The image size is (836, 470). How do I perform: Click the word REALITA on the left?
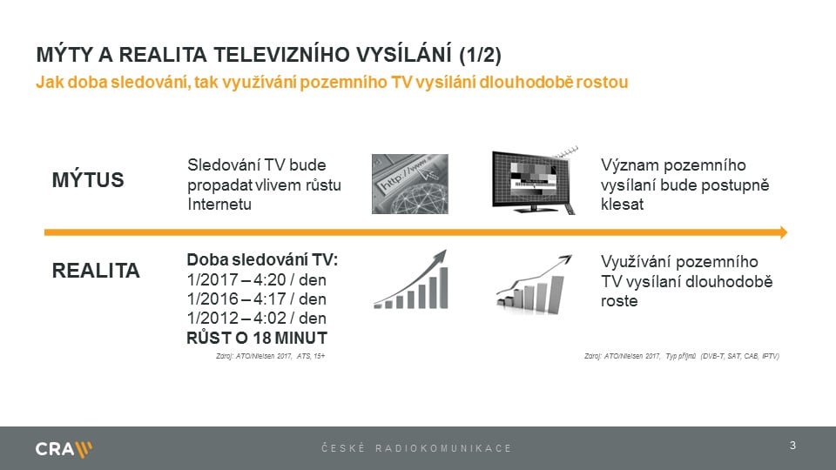point(96,271)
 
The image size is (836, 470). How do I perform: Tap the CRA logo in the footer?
point(64,449)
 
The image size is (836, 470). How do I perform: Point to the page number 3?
point(792,446)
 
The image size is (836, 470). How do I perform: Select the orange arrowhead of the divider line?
point(782,232)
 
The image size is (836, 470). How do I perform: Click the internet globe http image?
point(409,184)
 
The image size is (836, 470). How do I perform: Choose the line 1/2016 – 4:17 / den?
point(256,299)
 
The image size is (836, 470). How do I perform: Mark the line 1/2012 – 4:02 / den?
point(256,318)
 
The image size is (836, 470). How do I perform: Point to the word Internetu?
point(219,204)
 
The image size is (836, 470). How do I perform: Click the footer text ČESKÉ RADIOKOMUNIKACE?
point(416,448)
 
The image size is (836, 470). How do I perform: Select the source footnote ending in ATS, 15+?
point(269,356)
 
